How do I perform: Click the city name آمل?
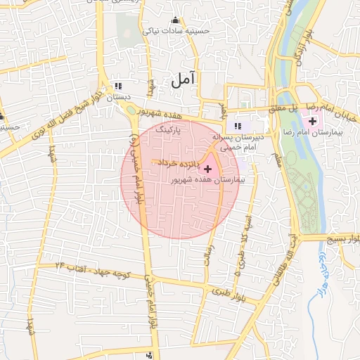pos(181,81)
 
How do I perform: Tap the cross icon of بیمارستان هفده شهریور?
pos(207,169)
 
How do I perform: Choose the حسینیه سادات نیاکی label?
pos(176,31)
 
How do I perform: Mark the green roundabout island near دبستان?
pos(131,110)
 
